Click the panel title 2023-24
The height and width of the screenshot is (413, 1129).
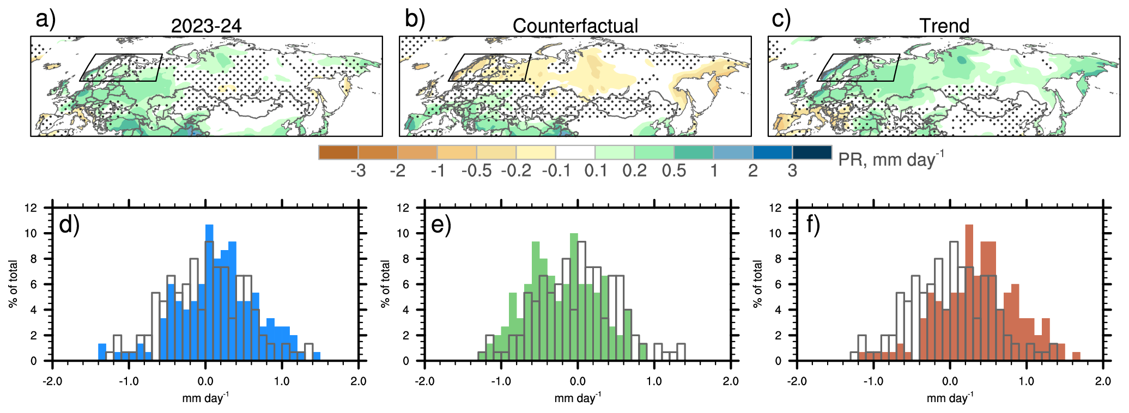click(206, 26)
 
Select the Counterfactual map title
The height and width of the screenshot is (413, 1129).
click(575, 26)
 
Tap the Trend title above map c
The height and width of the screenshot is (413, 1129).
click(944, 26)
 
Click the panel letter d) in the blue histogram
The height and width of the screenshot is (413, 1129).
click(69, 224)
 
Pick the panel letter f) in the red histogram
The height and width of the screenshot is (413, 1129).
click(813, 224)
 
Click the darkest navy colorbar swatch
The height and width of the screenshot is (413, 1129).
click(812, 153)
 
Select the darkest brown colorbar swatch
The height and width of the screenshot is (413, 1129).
click(338, 153)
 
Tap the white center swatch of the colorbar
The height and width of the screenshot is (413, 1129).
click(575, 153)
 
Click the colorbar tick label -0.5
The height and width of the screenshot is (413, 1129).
click(476, 171)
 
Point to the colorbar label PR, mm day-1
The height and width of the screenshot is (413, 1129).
click(890, 159)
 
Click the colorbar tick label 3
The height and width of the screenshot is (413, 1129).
click(792, 171)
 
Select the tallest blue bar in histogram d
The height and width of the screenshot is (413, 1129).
click(209, 294)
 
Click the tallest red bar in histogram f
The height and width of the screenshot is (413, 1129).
click(969, 294)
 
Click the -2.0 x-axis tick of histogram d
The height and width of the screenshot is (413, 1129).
click(52, 381)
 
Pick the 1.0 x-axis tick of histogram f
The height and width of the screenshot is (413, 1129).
click(1026, 381)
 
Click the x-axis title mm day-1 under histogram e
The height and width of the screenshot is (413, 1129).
click(577, 398)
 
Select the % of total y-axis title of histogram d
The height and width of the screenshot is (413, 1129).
click(13, 284)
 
